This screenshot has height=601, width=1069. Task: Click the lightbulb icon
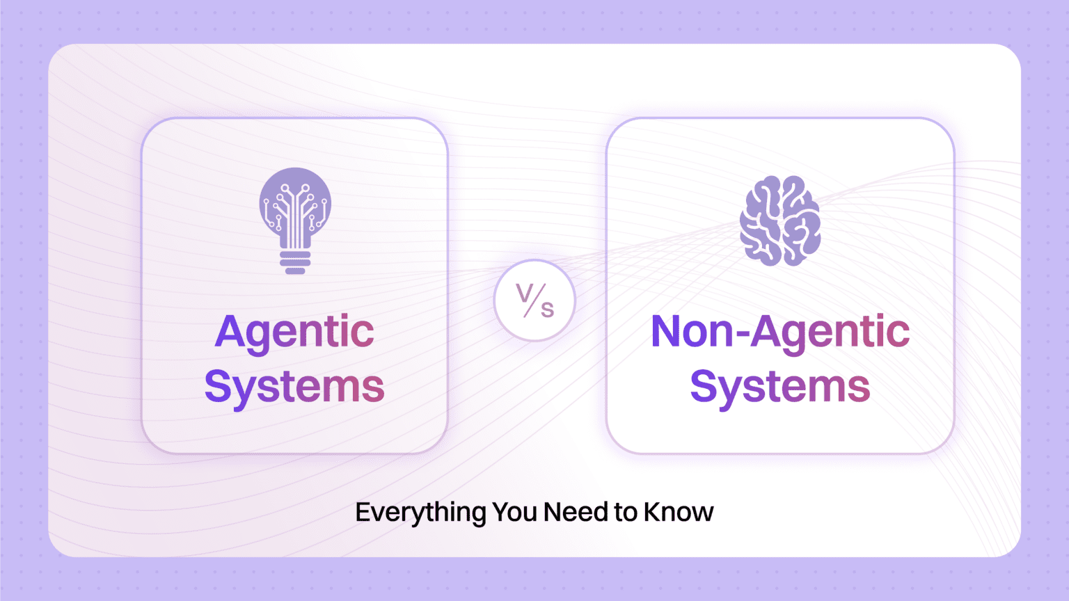(x=295, y=220)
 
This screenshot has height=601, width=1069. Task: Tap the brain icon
(x=780, y=221)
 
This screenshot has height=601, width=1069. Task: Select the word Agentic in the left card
(x=294, y=332)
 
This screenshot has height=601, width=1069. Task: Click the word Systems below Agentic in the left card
(x=294, y=387)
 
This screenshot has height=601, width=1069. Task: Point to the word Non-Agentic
(x=780, y=331)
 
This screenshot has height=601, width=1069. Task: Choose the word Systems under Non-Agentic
(x=780, y=387)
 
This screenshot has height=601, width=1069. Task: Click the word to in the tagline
(x=625, y=512)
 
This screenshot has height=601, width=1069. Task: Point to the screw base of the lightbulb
(x=295, y=262)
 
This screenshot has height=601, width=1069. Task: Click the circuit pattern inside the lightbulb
(x=295, y=209)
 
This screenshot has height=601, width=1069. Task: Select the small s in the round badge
(x=548, y=309)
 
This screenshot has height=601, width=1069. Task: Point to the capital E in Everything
(x=362, y=512)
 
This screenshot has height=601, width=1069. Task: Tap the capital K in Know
(x=651, y=512)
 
